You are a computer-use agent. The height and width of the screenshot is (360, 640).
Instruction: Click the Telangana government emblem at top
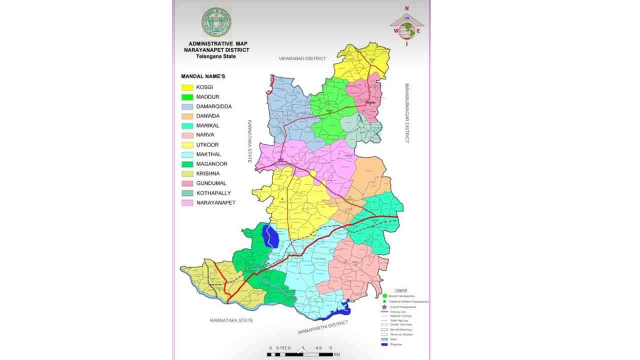[216, 22]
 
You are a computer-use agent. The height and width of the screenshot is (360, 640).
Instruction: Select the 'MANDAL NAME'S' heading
[203, 76]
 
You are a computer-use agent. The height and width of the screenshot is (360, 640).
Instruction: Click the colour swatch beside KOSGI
[187, 87]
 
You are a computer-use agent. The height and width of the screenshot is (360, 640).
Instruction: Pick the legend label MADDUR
[207, 97]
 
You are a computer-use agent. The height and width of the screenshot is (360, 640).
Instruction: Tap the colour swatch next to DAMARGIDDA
[187, 106]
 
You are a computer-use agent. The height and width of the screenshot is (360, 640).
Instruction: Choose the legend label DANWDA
[208, 116]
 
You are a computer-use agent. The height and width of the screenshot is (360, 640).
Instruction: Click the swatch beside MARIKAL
[187, 125]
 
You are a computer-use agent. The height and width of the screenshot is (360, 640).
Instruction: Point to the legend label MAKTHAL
[208, 154]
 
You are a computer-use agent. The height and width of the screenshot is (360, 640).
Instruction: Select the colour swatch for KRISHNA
[187, 173]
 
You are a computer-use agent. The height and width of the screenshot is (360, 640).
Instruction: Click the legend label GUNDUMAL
[211, 183]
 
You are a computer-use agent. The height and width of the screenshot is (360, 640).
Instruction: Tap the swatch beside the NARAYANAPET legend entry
[187, 202]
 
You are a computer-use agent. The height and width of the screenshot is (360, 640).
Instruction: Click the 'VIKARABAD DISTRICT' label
[302, 58]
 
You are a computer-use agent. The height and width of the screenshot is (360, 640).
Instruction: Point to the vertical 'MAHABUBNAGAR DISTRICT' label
[407, 113]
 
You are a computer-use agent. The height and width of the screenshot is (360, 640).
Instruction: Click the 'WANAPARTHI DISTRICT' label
[322, 328]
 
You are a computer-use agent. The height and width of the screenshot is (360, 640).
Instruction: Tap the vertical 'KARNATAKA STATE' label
[248, 141]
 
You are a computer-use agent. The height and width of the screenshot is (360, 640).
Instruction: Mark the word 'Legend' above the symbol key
[401, 290]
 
